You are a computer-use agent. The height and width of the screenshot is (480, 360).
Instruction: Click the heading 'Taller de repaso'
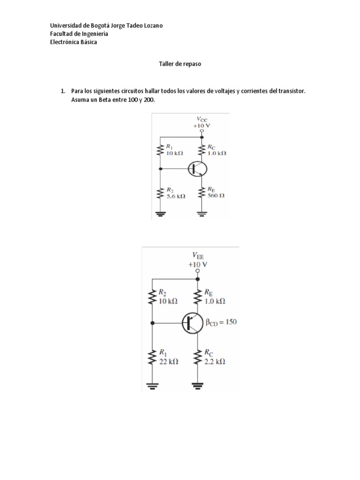tap(180, 64)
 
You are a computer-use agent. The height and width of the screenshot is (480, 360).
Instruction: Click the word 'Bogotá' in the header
tap(100, 26)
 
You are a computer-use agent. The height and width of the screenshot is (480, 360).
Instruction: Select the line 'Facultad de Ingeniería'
tap(79, 34)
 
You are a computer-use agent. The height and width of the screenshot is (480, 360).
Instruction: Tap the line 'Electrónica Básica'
tap(74, 42)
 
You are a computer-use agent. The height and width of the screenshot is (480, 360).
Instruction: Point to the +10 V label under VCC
tap(202, 126)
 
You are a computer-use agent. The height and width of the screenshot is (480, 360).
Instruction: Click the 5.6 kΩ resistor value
tap(176, 196)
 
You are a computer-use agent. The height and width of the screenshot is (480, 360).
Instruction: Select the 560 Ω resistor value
tap(216, 195)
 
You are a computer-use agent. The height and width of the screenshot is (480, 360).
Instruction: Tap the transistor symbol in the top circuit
tap(197, 169)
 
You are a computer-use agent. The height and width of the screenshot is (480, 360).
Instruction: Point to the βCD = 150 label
tap(221, 322)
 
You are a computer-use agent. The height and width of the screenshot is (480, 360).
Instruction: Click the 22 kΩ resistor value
tap(169, 361)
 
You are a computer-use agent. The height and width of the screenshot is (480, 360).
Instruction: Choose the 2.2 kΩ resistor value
tap(215, 361)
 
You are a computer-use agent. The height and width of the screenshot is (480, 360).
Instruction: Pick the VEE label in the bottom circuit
tap(198, 255)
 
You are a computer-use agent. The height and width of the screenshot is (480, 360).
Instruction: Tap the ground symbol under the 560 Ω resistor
tap(202, 214)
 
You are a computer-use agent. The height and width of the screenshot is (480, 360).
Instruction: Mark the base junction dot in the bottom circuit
tap(152, 322)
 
